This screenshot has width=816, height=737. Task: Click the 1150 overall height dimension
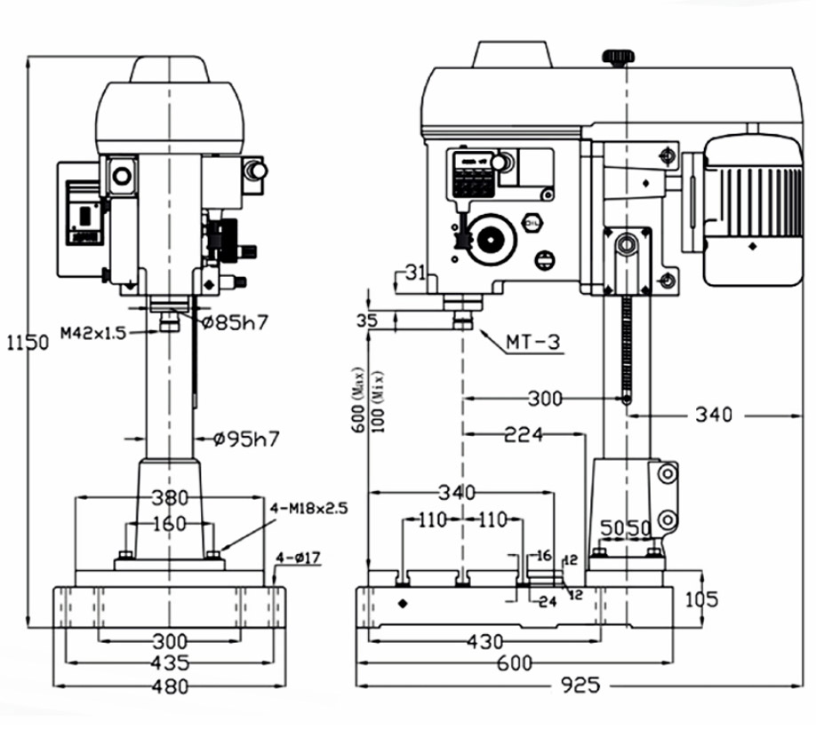28,343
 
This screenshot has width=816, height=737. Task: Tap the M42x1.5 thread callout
93,333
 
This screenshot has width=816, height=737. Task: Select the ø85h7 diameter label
236,322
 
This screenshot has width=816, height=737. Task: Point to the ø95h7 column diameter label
247,439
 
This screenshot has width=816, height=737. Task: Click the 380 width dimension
170,498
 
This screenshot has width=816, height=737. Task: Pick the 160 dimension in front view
170,523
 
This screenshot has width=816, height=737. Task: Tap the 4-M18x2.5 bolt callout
309,508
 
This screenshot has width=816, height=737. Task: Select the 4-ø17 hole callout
298,559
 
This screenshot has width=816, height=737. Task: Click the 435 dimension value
170,663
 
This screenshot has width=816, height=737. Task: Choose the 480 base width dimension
170,686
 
